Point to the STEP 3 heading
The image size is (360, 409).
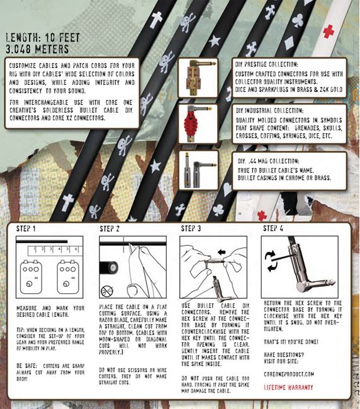193,229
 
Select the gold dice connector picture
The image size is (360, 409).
197,78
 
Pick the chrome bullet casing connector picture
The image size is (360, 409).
197,169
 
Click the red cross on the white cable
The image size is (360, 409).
328,31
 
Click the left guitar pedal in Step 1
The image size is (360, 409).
30,276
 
